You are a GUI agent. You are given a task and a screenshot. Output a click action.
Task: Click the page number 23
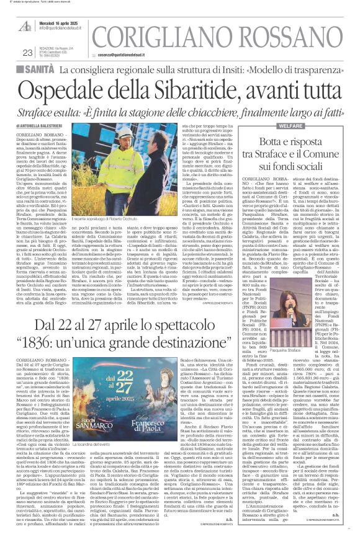pos(27,53)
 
